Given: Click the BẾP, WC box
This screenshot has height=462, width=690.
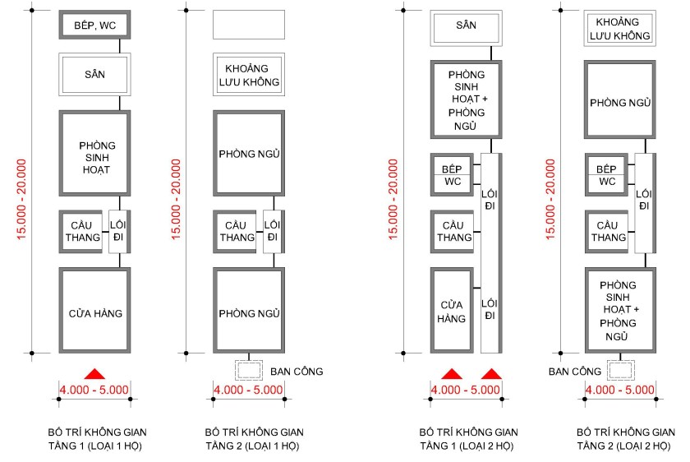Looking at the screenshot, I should pos(94,25).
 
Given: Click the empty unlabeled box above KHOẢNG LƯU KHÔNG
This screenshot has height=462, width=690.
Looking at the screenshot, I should pos(248,25).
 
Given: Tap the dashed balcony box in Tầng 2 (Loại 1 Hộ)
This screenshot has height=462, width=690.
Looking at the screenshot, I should pos(248,371).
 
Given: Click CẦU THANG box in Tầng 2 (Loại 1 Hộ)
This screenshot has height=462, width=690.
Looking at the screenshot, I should pos(235,232).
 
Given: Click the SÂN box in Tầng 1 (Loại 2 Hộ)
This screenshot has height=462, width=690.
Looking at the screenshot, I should pos(466,29).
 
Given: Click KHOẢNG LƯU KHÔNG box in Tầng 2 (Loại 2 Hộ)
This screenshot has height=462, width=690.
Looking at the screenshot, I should pos(621,29).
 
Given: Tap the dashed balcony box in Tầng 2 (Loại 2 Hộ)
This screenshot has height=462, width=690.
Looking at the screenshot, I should pos(621,371).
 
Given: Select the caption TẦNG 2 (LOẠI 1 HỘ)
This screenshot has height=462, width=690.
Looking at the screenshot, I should pos(252,446).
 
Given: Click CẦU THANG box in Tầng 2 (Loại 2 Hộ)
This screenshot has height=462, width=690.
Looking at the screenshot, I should pos(607,232).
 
